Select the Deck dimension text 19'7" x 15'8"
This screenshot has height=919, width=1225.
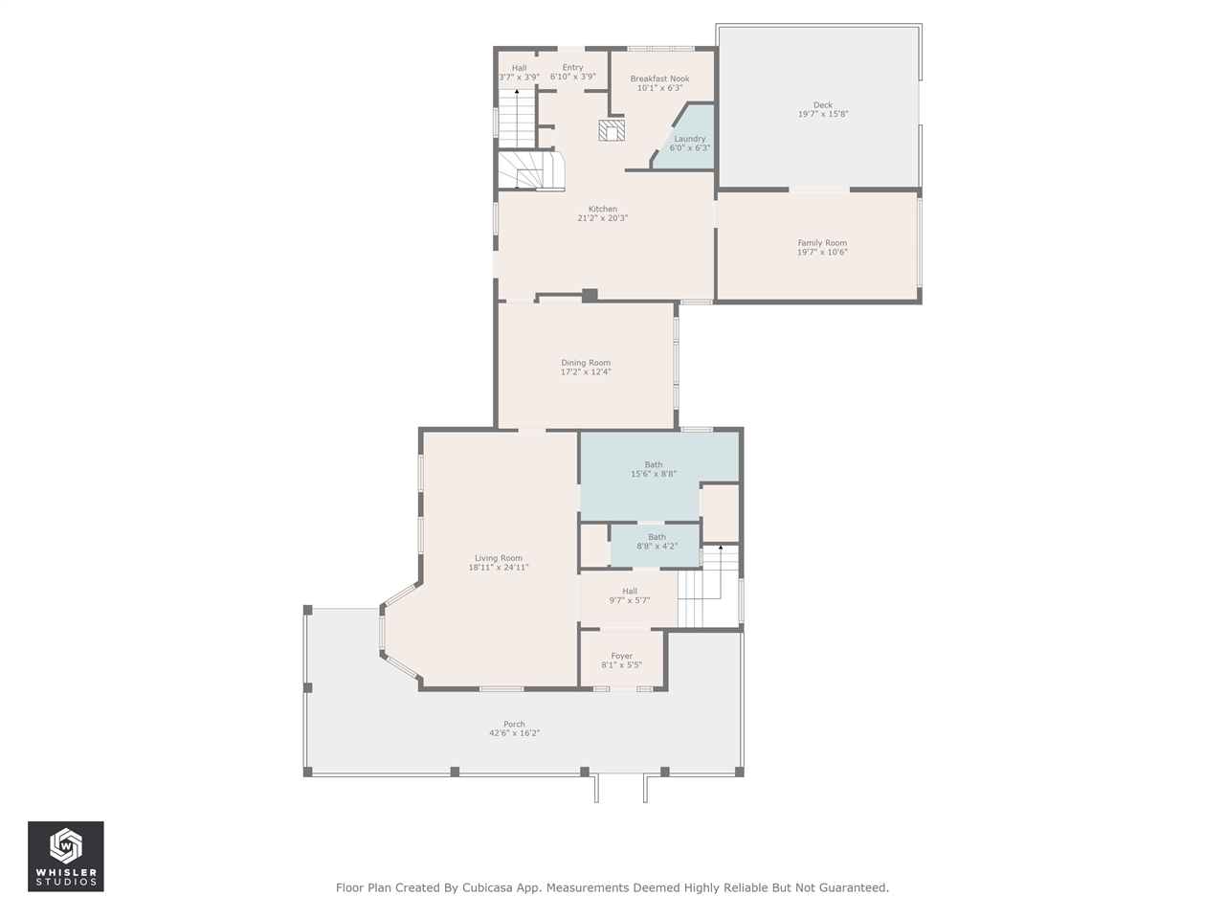pos(823,114)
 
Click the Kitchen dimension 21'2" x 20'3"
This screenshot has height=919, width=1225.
pos(603,218)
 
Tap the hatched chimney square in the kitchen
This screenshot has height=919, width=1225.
pos(612,130)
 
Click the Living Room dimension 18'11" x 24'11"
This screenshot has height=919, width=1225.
pos(499,568)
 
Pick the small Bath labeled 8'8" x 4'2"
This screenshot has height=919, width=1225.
pos(657,542)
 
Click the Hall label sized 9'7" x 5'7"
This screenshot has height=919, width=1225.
pos(630,596)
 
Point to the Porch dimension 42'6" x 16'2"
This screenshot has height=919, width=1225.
pos(515,733)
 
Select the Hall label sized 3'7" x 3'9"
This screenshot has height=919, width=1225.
pos(519,73)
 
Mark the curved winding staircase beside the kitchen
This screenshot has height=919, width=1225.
pos(531,170)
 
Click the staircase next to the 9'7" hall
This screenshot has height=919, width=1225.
pos(708,587)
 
